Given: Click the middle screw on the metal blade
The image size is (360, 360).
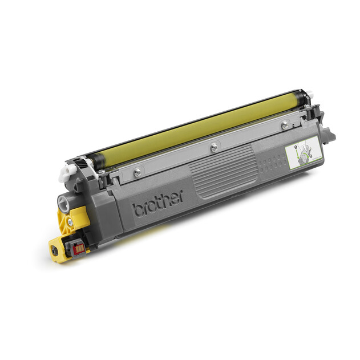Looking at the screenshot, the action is (214, 148).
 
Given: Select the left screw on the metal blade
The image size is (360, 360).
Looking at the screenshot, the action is (137, 172).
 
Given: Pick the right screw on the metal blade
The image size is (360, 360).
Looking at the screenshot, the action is (285, 124).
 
